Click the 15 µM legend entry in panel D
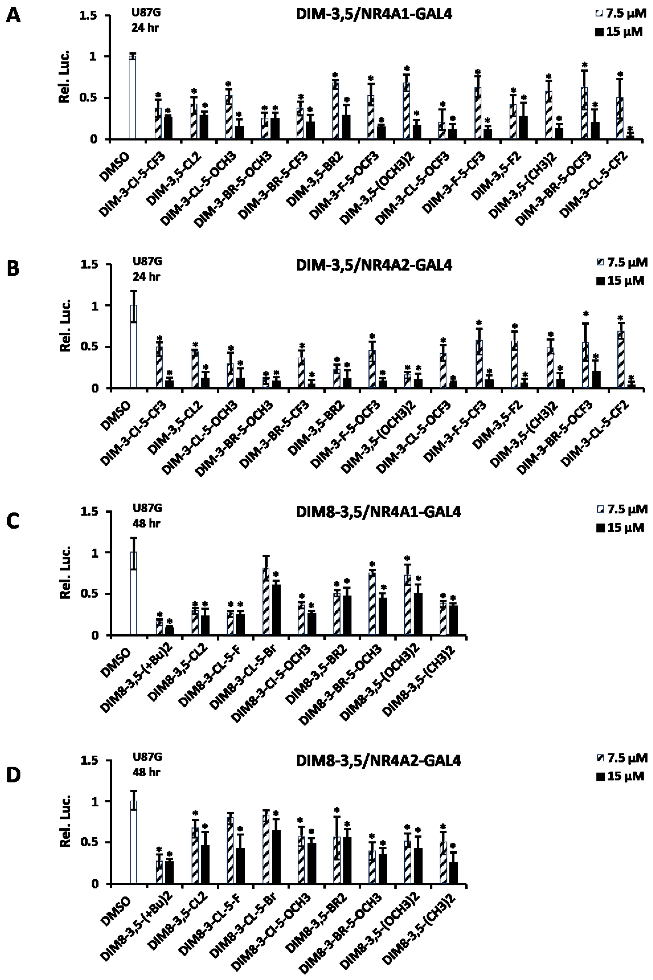pyautogui.click(x=620, y=776)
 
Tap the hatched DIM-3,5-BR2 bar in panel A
pyautogui.click(x=335, y=111)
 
